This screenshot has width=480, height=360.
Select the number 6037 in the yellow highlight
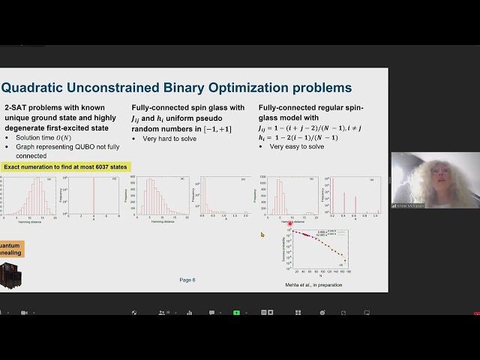[x=101, y=166]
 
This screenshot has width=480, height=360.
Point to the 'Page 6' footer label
[x=187, y=280]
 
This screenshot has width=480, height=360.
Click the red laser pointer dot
[x=290, y=223]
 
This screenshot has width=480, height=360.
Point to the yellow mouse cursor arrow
[x=262, y=235]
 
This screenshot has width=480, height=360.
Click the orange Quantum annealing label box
[x=10, y=250]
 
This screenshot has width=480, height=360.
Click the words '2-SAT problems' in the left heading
[x=28, y=108]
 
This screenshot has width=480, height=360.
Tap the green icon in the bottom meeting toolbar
[x=237, y=312]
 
